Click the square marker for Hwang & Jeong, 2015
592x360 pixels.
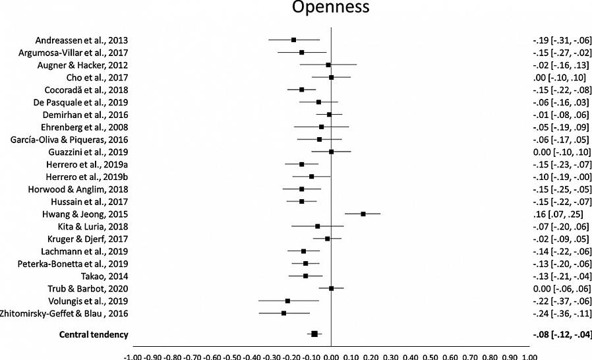(363, 214)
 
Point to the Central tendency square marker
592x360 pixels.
(314, 334)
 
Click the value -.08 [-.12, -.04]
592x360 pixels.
(561, 334)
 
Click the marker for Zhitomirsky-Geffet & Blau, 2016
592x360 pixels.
(283, 313)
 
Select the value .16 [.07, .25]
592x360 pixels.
(557, 214)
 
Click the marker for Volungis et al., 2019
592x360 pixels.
(287, 301)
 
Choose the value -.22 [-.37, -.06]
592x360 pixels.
(561, 301)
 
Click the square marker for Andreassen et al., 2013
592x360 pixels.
(293, 40)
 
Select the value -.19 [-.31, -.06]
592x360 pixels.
(561, 40)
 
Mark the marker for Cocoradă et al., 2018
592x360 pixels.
(301, 90)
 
